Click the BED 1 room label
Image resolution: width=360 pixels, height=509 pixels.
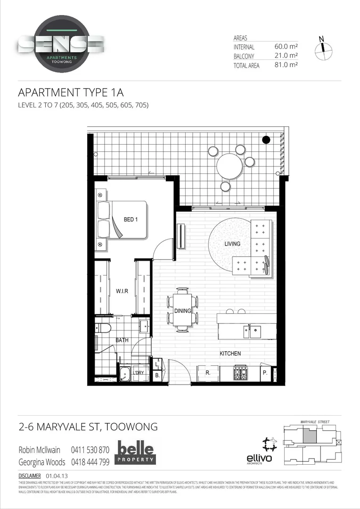tap(131, 220)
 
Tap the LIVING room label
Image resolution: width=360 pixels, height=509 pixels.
tap(232, 244)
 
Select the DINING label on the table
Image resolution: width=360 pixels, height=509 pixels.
tap(182, 311)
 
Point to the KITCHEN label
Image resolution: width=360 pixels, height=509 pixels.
tap(230, 353)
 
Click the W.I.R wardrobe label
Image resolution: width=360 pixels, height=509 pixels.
tap(123, 292)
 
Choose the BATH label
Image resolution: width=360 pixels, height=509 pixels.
tap(122, 340)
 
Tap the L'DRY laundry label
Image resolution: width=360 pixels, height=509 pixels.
tap(139, 373)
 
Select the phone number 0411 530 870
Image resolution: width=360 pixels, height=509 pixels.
tap(90, 450)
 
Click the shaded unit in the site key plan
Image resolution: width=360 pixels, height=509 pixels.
tap(309, 435)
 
